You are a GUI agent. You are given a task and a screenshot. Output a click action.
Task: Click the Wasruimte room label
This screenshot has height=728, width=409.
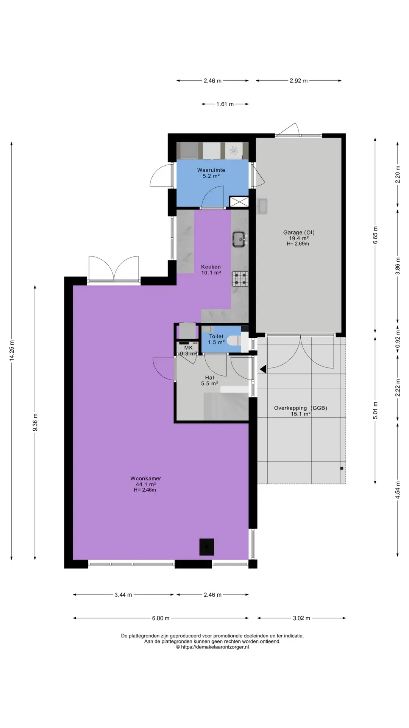pos(211,170)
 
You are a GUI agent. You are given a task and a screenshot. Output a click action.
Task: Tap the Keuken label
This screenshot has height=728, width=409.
pos(211,267)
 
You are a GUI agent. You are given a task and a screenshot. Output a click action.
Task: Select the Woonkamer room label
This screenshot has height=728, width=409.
pos(146,479)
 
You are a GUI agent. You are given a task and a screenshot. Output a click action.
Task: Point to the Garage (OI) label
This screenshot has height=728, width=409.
pos(299,232)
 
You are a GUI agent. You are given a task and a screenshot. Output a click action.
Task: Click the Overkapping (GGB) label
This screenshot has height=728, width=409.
pos(300,408)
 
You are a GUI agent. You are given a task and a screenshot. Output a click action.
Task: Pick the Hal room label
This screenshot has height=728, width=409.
pos(209,378)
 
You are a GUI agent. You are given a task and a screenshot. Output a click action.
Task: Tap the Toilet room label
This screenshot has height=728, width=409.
pos(216,336)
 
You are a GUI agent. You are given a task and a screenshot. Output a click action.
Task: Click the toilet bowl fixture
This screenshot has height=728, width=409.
pos(235,340)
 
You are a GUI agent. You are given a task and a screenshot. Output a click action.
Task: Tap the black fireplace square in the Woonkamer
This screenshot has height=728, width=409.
pos(207,547)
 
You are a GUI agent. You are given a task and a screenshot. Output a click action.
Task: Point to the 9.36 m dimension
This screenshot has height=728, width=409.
pos(35,422)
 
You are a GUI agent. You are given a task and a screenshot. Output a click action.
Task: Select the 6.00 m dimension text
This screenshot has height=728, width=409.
pos(161,618)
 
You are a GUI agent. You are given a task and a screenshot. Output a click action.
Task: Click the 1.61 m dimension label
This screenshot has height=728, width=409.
pos(225,104)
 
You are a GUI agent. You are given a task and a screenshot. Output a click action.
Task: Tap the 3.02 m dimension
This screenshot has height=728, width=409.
pos(301,618)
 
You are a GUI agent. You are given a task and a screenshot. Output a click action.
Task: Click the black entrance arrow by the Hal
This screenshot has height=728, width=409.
pos(262,368)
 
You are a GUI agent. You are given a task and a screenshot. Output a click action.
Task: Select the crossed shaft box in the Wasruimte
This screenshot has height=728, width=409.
pos(239,202)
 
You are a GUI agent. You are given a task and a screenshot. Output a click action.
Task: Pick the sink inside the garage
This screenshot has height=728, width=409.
pos(262,206)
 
